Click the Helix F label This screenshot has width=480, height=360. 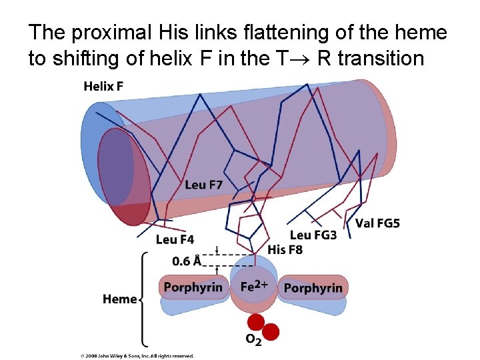pyautogui.click(x=103, y=87)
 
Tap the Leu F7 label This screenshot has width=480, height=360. pyautogui.click(x=204, y=185)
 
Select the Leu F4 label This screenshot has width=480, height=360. pyautogui.click(x=175, y=239)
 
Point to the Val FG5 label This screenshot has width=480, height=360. pyautogui.click(x=378, y=223)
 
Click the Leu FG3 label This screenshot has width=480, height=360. pyautogui.click(x=313, y=235)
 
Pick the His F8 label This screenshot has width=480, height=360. pyautogui.click(x=285, y=249)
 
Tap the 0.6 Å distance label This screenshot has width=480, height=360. pyautogui.click(x=187, y=261)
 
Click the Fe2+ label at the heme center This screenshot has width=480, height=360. pyautogui.click(x=253, y=287)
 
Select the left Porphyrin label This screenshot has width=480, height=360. pyautogui.click(x=193, y=287)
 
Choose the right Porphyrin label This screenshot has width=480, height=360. pyautogui.click(x=313, y=288)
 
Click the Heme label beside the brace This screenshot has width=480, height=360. pyautogui.click(x=120, y=299)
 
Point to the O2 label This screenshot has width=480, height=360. pyautogui.click(x=253, y=339)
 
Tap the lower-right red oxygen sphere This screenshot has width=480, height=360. pyautogui.click(x=270, y=331)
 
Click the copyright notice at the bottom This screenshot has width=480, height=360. pyautogui.click(x=137, y=356)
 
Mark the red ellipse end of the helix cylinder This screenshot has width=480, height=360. pyautogui.click(x=123, y=177)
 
